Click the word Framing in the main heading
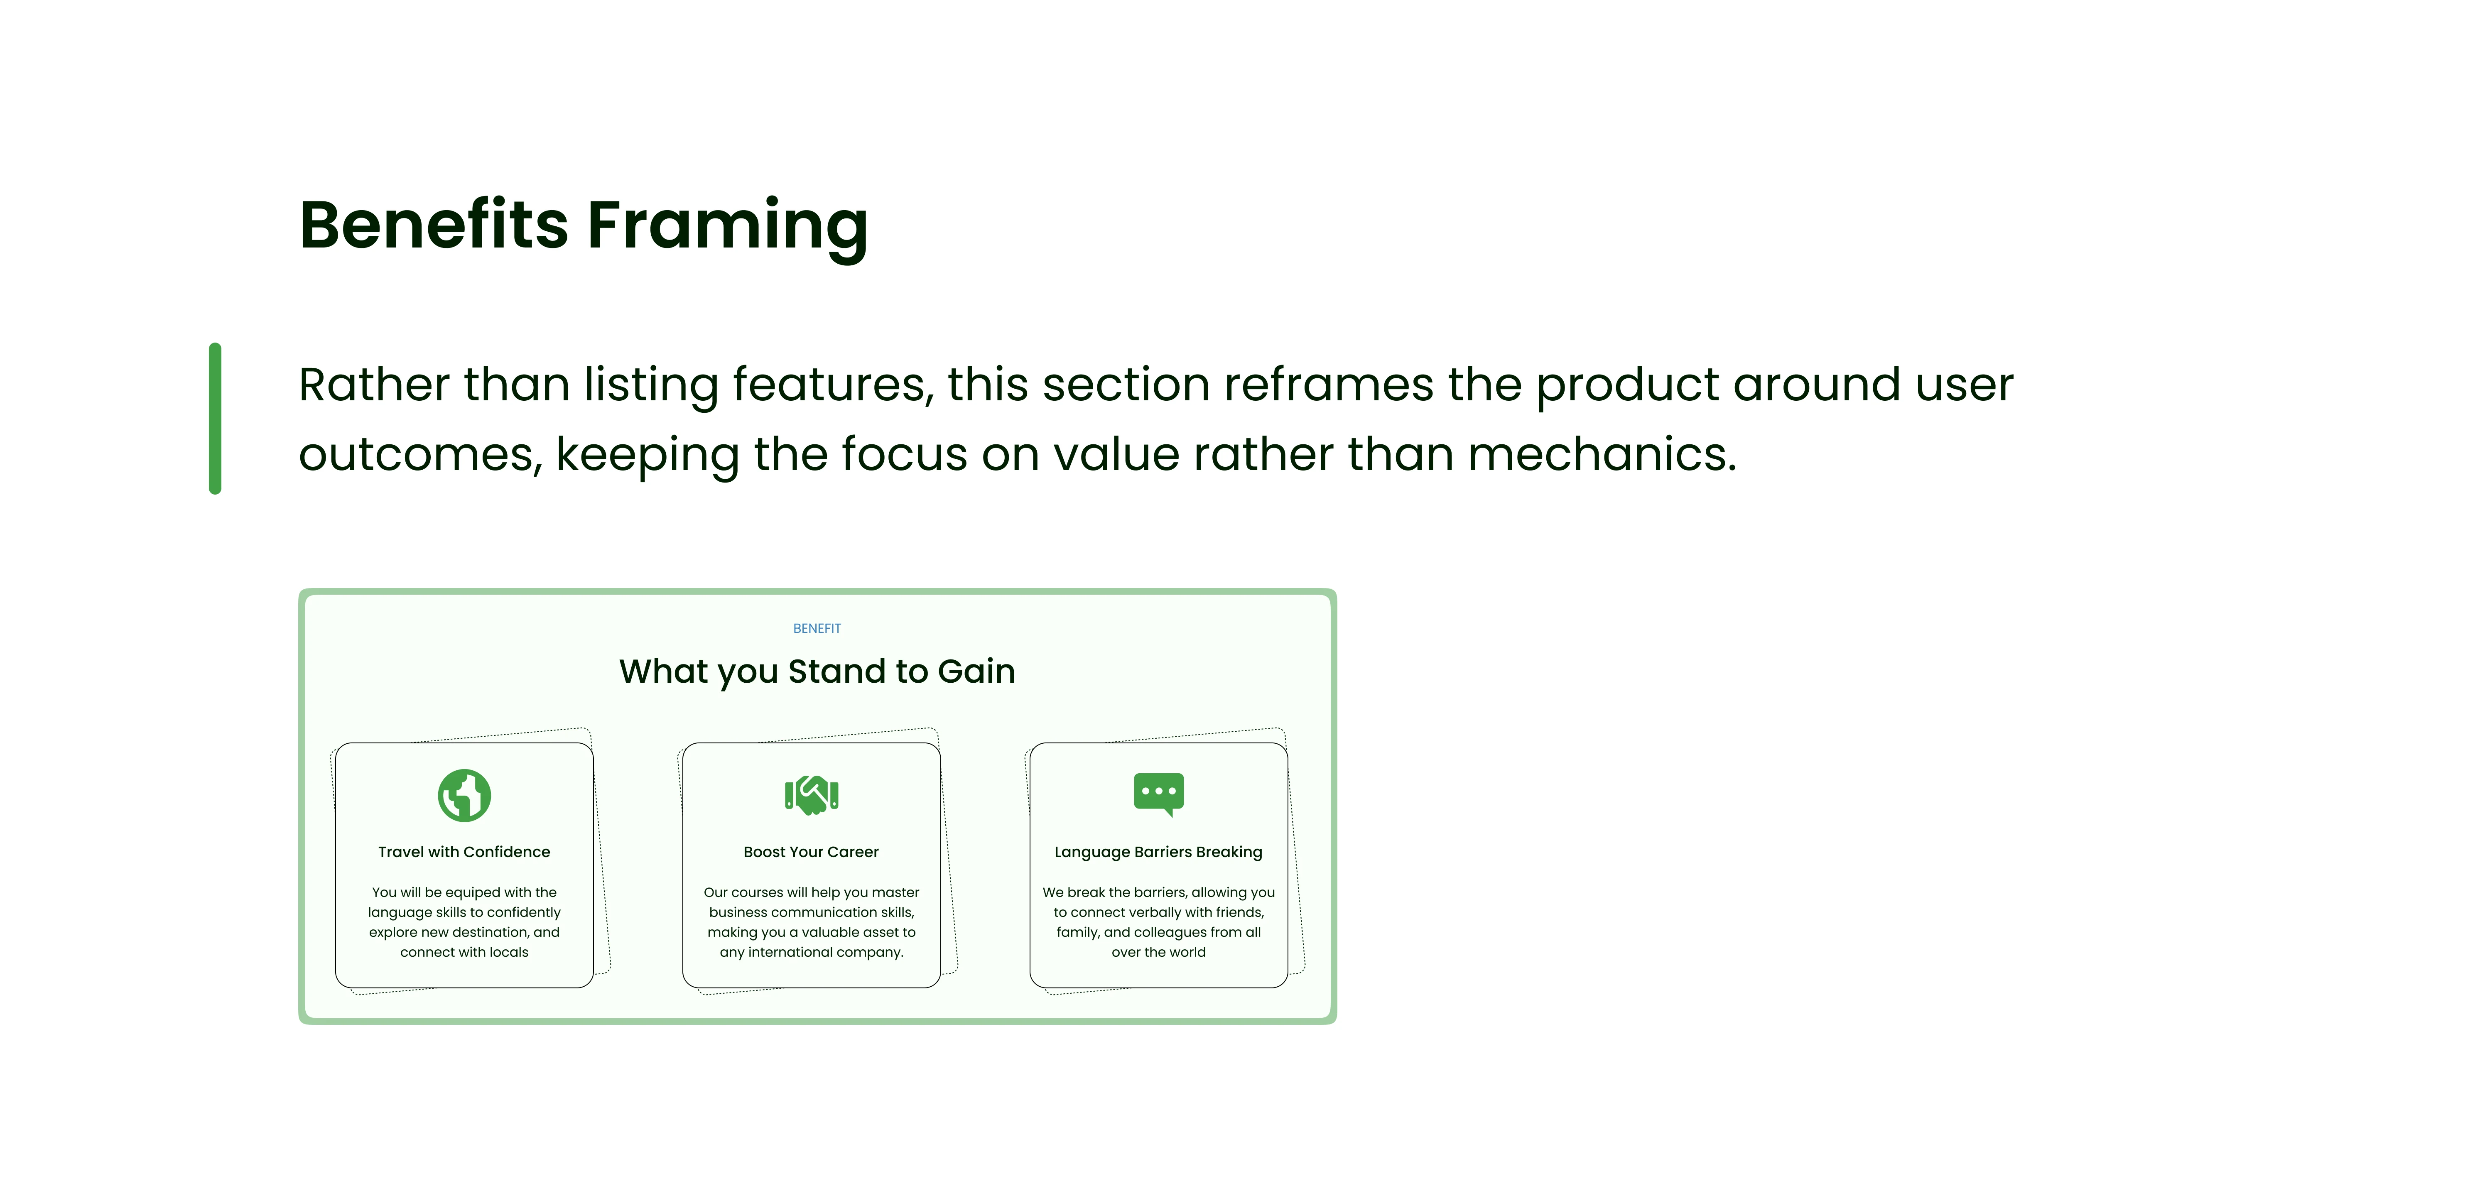(x=728, y=228)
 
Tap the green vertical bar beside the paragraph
(x=215, y=418)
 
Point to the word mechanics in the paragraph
(x=1602, y=454)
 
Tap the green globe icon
(x=464, y=795)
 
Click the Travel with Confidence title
(x=464, y=851)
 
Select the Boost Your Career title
(x=812, y=851)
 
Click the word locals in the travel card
(x=509, y=952)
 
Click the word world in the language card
(x=1188, y=952)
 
